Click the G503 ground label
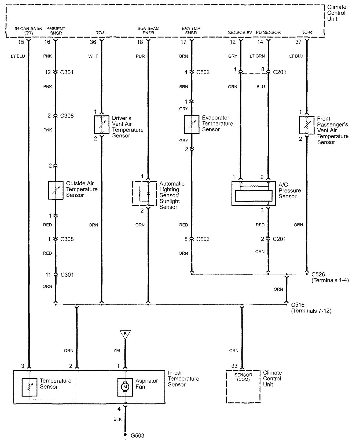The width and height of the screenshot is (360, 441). coord(137,435)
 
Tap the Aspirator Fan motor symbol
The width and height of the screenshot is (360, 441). coord(125,387)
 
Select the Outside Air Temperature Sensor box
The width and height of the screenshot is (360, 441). coord(56,190)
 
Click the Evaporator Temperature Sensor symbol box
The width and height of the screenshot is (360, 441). coord(191,124)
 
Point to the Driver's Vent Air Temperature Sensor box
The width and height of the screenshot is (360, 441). coord(102,125)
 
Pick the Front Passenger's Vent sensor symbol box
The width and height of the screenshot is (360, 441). coord(307,125)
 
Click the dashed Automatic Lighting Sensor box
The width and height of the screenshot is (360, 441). coord(144,193)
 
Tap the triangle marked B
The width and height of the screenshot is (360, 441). coord(125,334)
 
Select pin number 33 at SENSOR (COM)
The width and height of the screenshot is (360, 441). coord(234,366)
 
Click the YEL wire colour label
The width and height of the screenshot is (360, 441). coord(117,351)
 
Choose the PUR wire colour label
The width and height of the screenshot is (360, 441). coord(140,56)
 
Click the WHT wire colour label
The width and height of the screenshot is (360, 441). coord(93,56)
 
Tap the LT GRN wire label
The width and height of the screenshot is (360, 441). coord(257,56)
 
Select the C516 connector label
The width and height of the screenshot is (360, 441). coord(297,305)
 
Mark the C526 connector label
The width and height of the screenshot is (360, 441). coord(318,274)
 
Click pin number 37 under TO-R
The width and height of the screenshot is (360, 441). coord(298,42)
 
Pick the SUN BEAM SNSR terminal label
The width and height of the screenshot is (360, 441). coord(148,31)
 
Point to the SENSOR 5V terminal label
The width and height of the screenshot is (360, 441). coord(240,32)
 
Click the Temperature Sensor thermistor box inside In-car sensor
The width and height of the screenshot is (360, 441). coord(29,387)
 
